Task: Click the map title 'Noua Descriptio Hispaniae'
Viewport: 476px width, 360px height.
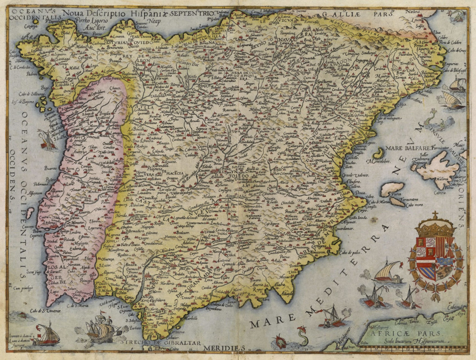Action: pos(116,14)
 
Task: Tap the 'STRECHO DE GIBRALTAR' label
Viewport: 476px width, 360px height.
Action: pos(160,343)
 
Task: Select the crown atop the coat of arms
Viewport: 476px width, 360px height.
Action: pos(435,226)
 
